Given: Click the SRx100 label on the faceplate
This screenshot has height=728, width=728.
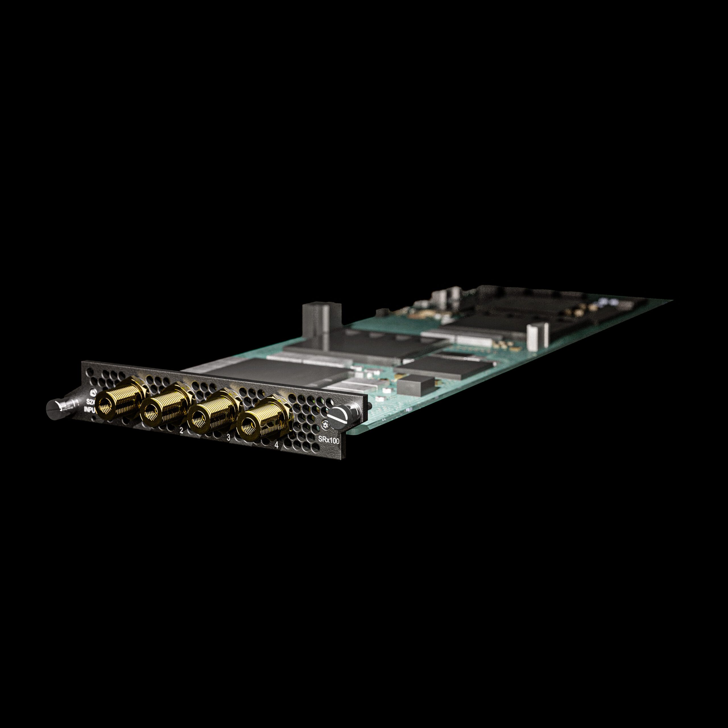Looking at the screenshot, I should pos(328,439).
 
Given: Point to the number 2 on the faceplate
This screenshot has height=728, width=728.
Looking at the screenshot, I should pos(181,431).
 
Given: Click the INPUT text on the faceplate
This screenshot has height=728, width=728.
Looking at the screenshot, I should pos(90,409).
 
